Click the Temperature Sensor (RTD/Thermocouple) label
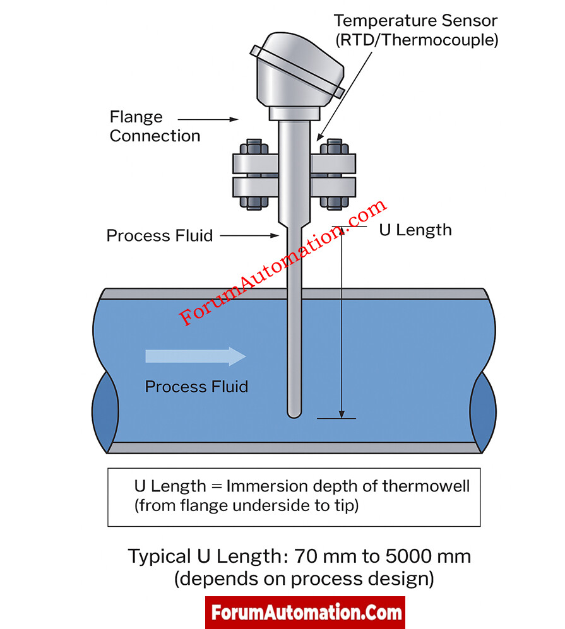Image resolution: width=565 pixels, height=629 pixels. pyautogui.click(x=415, y=30)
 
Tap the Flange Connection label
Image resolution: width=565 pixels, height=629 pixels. pyautogui.click(x=155, y=126)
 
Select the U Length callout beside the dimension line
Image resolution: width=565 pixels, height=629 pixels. pyautogui.click(x=415, y=230)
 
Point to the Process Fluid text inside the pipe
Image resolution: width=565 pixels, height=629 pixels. pyautogui.click(x=196, y=386)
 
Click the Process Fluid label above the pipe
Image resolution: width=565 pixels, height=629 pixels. pyautogui.click(x=159, y=236)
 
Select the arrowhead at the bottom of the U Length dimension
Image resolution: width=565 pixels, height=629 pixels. pyautogui.click(x=341, y=413)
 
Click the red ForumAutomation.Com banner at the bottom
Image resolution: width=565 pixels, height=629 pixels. pyautogui.click(x=305, y=612)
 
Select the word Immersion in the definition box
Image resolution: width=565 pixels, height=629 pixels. pyautogui.click(x=266, y=487)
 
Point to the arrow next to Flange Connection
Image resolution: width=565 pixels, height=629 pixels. pyautogui.click(x=208, y=119)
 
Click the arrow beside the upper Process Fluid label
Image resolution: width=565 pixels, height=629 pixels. pyautogui.click(x=249, y=236)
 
